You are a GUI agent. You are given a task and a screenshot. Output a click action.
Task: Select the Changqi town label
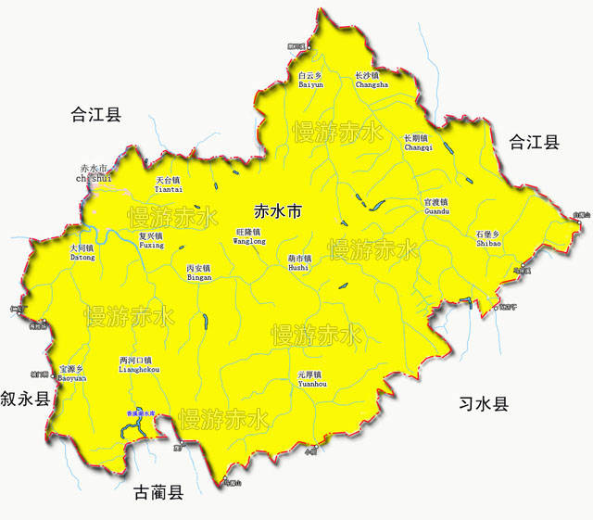(418, 143)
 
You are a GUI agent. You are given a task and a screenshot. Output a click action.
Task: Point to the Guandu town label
(435, 206)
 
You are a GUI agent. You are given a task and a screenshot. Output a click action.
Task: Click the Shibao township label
(488, 238)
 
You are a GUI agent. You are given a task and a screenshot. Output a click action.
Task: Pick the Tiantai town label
(169, 184)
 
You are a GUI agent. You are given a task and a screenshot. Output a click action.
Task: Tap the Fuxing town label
(151, 240)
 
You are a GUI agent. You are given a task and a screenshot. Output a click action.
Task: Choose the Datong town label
(82, 252)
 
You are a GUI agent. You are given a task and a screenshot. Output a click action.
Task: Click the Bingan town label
(199, 273)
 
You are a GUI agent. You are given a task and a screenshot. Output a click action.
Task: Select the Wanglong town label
(248, 235)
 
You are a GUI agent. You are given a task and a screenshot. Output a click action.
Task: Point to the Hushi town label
(298, 262)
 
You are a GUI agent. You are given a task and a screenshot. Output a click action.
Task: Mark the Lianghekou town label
(140, 364)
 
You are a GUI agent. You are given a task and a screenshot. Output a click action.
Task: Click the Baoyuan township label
(72, 373)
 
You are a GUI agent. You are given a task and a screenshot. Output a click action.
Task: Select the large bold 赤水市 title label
(277, 211)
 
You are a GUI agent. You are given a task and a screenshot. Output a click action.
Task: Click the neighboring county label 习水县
(484, 404)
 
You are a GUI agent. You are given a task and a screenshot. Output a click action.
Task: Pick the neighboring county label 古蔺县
(158, 492)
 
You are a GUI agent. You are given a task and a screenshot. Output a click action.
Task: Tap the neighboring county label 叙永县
(25, 400)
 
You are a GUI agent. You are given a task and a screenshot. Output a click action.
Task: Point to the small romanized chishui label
(95, 178)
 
